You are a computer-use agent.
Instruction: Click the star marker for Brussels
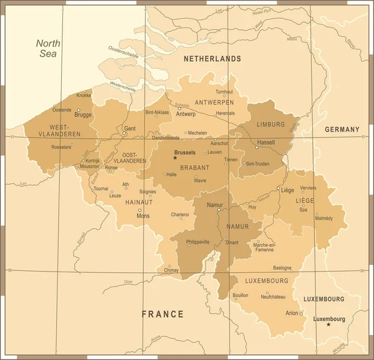point(175,158)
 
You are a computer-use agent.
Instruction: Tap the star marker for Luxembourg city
point(329,324)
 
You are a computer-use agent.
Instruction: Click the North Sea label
point(47,49)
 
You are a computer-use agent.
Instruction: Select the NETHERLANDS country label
point(212,59)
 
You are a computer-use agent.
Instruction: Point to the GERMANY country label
point(342,130)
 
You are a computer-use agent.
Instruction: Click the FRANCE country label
point(162,314)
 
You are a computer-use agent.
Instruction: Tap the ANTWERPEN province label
point(214,102)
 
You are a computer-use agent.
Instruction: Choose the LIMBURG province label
point(270,125)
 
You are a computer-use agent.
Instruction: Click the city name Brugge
point(83,115)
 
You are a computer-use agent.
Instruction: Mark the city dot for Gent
point(125,133)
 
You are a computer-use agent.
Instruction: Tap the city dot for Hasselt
point(257,148)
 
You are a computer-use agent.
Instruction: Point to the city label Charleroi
point(180,214)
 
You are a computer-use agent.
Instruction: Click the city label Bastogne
point(282,268)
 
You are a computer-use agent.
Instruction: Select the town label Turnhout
point(224,92)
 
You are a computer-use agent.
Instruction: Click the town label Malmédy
point(324,218)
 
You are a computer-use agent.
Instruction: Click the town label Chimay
point(171,270)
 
